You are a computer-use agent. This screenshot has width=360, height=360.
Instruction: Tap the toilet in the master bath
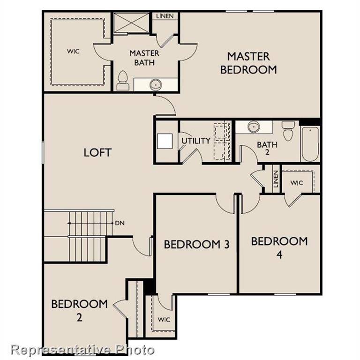(123, 81)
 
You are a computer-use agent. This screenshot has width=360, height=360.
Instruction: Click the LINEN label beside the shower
(165, 16)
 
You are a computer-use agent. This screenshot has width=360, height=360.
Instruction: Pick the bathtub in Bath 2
(309, 142)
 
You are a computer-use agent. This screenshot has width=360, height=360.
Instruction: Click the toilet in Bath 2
(287, 130)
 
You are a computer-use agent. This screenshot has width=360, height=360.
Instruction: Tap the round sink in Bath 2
(254, 127)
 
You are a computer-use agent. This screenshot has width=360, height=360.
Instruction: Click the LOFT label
(97, 152)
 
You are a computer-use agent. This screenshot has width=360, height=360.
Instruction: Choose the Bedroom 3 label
(196, 244)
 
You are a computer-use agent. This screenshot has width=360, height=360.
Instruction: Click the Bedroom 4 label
(279, 248)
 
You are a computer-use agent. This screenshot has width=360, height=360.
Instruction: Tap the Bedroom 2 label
(79, 310)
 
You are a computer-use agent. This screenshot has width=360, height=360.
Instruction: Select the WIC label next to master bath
(73, 52)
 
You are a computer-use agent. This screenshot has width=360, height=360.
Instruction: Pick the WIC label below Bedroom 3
(164, 320)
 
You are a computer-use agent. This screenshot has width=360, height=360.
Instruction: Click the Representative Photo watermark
(82, 350)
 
